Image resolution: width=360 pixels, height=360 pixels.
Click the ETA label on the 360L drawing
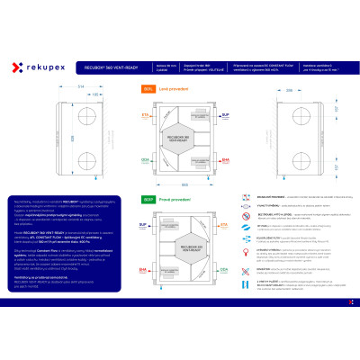[144, 115]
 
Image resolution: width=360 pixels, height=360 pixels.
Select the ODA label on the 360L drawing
[144, 159]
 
